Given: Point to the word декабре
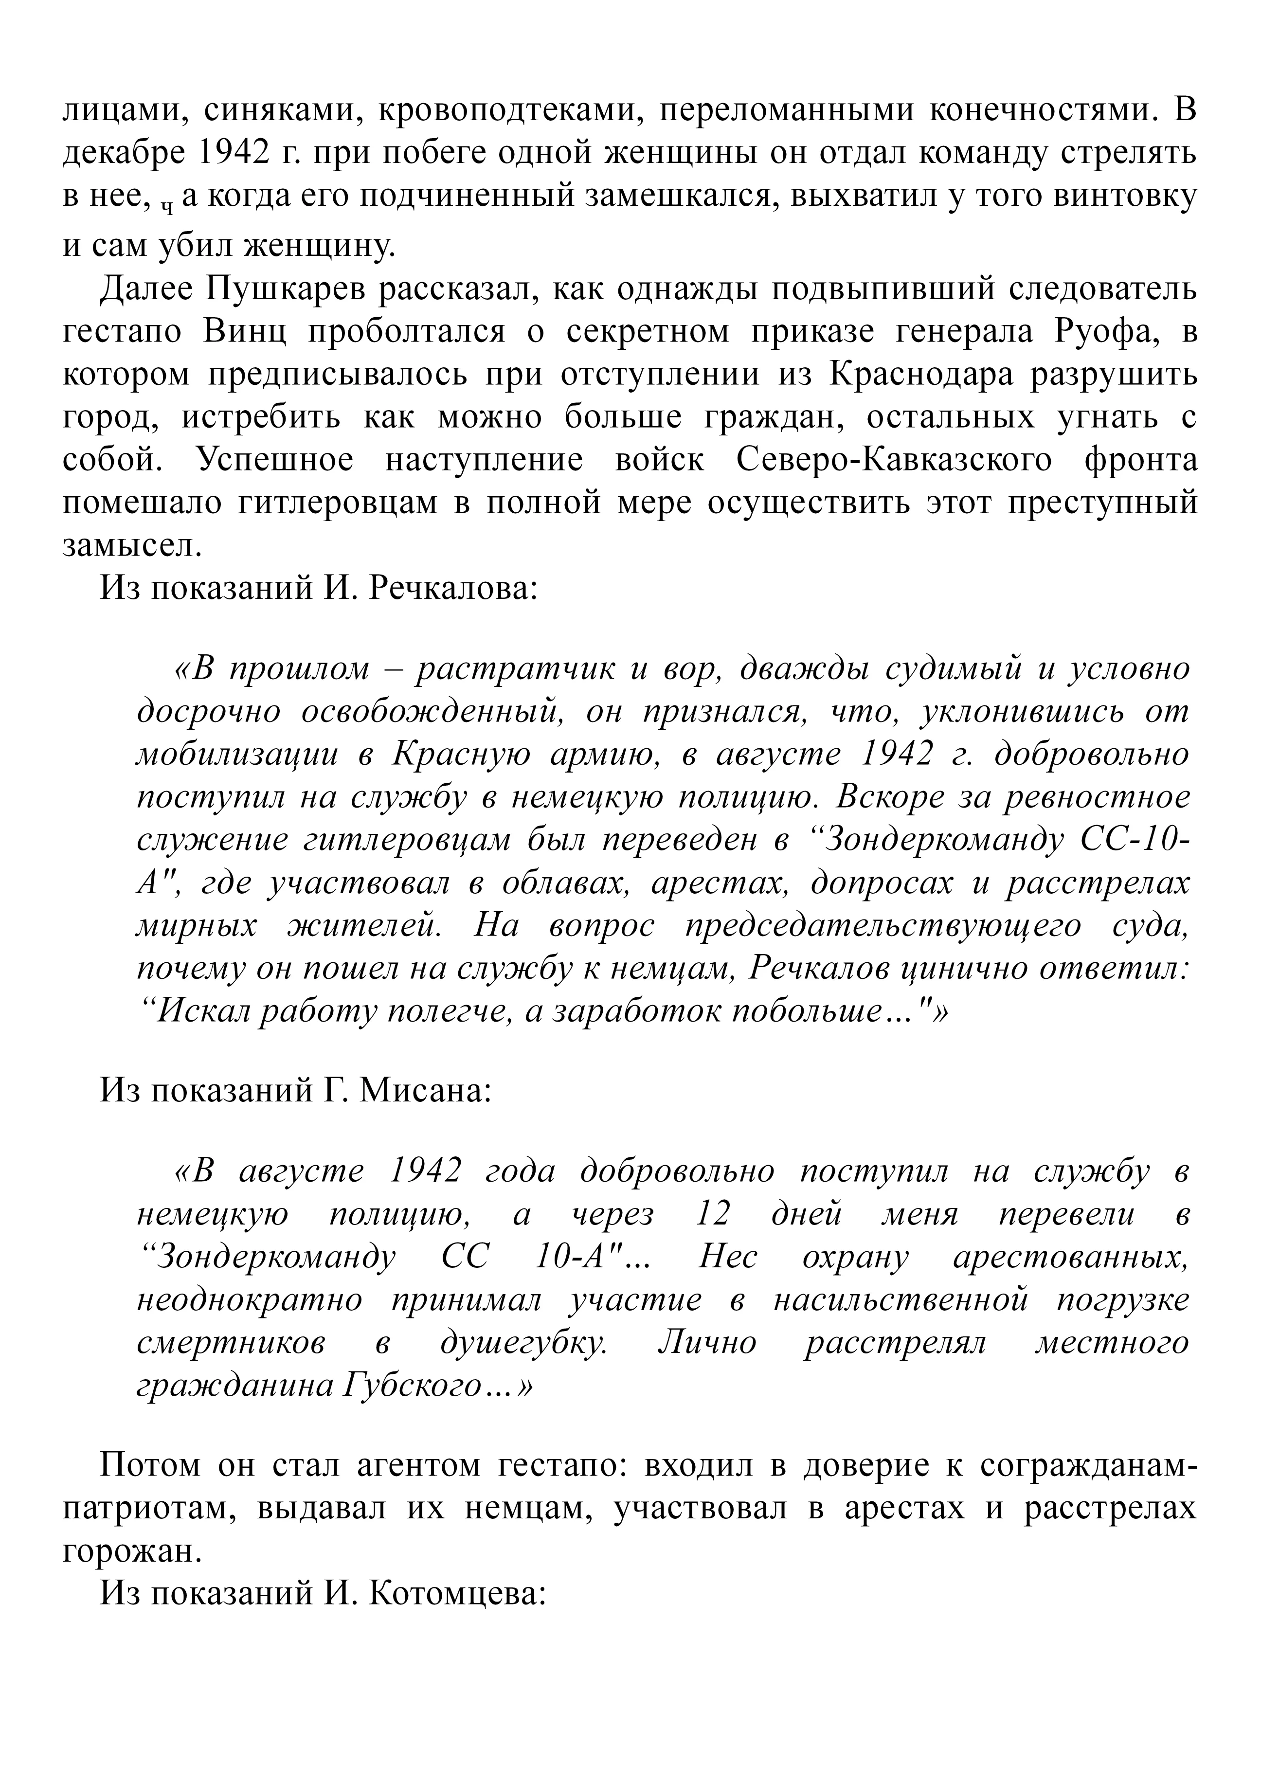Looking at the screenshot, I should pyautogui.click(x=124, y=153).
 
